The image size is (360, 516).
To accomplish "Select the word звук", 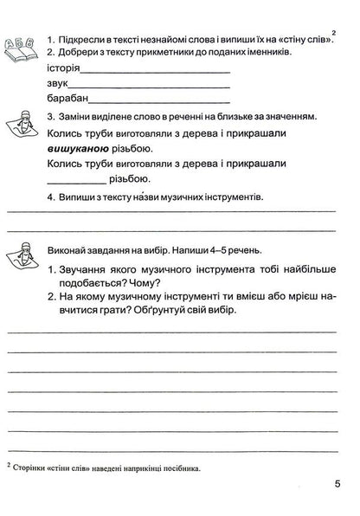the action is click(x=60, y=86).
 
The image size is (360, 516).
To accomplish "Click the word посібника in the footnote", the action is click(x=179, y=468).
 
